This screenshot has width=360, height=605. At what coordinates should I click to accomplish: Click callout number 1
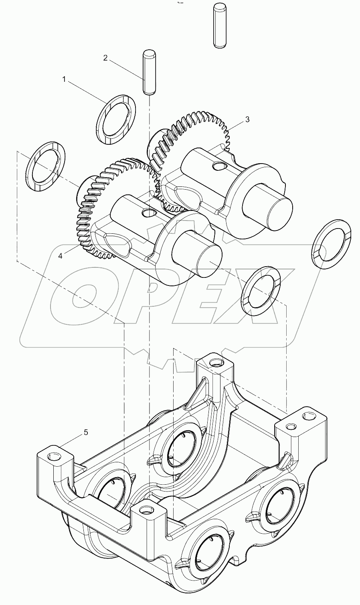tap(64, 80)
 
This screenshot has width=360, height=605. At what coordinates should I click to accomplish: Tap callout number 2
tap(105, 58)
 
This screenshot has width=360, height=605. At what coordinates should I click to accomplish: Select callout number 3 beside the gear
tap(247, 119)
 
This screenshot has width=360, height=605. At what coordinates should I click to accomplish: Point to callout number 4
tap(60, 256)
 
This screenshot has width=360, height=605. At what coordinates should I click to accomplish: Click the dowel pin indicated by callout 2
tap(149, 72)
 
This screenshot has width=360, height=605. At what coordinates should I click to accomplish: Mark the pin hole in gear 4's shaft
tap(149, 212)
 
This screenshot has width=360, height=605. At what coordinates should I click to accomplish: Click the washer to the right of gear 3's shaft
tap(331, 243)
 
